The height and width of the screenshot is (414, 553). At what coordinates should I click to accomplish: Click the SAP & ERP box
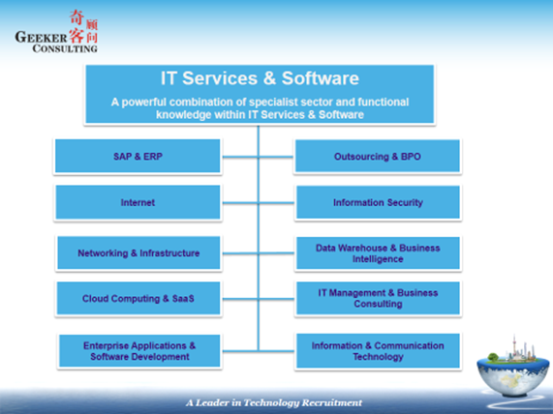tap(138, 156)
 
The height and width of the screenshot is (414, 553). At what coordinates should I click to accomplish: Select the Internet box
tap(138, 202)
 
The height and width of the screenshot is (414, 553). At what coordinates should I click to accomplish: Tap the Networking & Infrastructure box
tap(138, 253)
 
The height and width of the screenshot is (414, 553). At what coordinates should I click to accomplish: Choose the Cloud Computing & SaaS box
tap(138, 298)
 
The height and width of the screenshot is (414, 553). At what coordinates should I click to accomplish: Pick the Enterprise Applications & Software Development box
tap(139, 351)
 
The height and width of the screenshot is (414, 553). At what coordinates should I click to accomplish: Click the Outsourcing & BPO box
tap(378, 156)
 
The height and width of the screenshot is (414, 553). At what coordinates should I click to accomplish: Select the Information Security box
tap(378, 202)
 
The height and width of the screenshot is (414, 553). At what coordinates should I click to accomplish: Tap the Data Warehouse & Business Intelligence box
tap(378, 253)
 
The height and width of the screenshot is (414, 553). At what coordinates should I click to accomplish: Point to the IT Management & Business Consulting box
tap(378, 298)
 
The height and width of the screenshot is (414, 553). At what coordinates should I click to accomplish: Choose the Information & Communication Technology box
tap(378, 351)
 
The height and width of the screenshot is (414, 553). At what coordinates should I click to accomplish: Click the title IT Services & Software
tap(260, 78)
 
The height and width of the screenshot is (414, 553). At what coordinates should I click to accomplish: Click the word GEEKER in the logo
tap(41, 37)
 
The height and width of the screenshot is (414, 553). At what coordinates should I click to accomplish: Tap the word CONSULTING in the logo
tap(65, 48)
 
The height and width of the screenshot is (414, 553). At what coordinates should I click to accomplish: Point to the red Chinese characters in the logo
tap(83, 26)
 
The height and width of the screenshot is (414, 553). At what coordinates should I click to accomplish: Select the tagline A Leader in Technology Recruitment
tap(274, 402)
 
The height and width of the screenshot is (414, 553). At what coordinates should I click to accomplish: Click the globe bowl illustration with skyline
tap(513, 369)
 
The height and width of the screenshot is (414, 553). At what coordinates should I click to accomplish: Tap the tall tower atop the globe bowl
tap(514, 347)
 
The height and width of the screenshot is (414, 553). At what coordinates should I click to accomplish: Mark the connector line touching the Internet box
tap(240, 203)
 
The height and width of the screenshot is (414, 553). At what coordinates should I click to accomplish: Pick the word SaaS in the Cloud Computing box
tap(183, 299)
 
